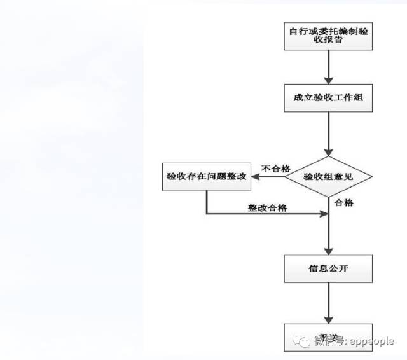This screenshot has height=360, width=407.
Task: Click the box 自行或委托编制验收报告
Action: tap(328, 36)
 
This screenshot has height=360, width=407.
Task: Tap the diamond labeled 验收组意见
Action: tap(328, 176)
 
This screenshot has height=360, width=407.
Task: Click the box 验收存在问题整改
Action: tap(205, 176)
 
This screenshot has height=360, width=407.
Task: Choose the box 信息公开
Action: tap(328, 269)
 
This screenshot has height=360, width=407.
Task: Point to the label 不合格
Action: tap(275, 169)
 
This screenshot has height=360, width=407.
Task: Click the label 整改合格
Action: tap(267, 207)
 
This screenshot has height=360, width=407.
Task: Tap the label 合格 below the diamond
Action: tap(344, 202)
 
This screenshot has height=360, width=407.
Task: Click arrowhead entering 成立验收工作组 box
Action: tap(328, 80)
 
